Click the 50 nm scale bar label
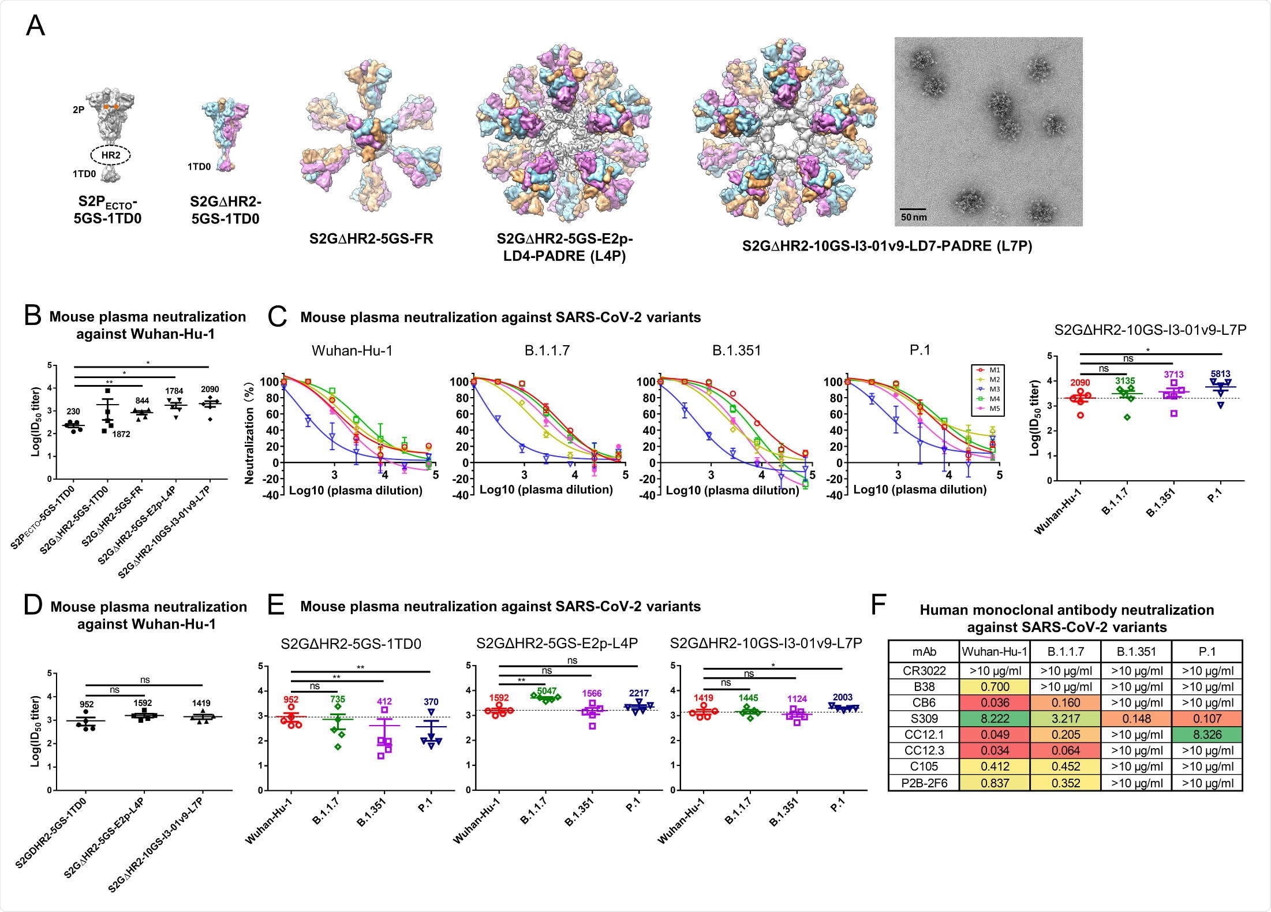tap(914, 217)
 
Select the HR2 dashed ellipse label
tap(110, 155)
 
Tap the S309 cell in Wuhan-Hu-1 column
tap(994, 719)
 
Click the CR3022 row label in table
tap(924, 671)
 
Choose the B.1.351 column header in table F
tap(1136, 652)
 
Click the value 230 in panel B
tap(73, 412)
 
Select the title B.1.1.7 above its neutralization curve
tap(547, 350)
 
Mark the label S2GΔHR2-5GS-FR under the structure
tap(371, 238)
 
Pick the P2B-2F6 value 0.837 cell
tap(994, 783)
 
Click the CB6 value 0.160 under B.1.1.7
tap(1066, 702)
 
